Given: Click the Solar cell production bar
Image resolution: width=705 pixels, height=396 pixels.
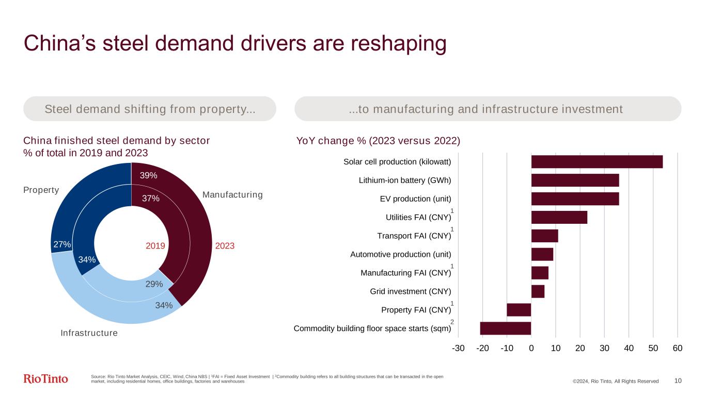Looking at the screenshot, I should coord(597,162).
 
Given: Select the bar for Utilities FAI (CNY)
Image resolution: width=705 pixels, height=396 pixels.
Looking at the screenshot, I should coord(559,218).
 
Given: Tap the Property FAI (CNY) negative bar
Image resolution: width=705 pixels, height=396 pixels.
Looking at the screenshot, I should coord(519,310).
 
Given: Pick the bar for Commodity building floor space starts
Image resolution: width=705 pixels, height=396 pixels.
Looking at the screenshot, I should coord(505,328).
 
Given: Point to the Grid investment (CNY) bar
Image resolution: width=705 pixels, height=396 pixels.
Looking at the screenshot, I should coord(538,291).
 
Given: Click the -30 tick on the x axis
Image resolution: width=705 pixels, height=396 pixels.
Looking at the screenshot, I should coord(458,349).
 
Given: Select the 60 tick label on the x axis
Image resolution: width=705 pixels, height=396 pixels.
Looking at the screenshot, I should coord(677,349).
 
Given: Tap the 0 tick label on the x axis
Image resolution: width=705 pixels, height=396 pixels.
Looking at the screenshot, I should coord(531,349).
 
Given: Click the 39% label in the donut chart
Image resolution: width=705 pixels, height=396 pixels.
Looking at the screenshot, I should coord(149,176).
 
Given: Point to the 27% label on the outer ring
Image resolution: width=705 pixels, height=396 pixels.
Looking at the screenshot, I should coord(62,244).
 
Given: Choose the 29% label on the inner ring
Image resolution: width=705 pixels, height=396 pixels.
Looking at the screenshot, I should coord(154,284).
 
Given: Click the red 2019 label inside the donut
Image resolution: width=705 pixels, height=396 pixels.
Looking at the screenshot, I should coord(155,246).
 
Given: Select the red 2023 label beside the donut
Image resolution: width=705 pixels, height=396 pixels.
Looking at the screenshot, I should coord(225,246).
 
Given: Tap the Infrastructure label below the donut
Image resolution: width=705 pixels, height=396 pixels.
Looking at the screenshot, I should coord(89,333).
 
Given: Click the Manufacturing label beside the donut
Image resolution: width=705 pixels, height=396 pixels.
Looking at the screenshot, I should coord(232,195).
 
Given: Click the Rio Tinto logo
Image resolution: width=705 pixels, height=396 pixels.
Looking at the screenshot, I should coord(46,379).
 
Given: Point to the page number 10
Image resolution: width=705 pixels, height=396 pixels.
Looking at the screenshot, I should coord(678,381).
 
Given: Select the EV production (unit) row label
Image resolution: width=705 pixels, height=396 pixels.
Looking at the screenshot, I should coord(415,199).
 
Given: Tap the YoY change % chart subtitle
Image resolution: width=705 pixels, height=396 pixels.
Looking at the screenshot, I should coord(378,141).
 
